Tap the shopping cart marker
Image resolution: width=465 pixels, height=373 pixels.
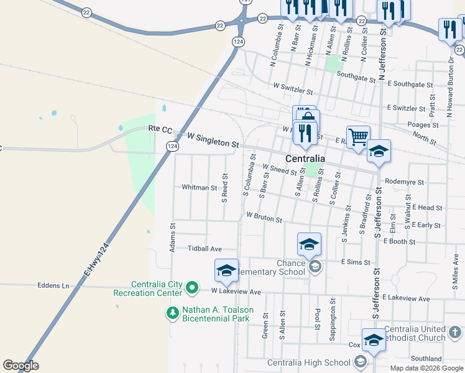coord(358,137)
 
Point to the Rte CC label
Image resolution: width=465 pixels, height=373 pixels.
coord(160,129)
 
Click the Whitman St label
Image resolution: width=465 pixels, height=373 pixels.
coord(199,187)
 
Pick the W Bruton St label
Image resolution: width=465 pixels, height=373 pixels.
coord(264,218)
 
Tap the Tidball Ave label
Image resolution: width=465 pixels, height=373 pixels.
coord(205,249)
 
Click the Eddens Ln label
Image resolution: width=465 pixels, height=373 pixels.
coord(57,286)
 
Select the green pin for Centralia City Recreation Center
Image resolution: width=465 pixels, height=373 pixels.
coord(192,288)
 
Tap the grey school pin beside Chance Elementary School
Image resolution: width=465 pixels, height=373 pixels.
coord(315,267)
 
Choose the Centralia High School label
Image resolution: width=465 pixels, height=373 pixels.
coord(309,362)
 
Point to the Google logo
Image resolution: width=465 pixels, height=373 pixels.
coord(21,366)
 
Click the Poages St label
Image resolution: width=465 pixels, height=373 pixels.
coord(423,125)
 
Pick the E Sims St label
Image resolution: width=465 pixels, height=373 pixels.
coord(355,262)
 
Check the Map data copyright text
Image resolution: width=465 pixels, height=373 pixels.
coord(426,368)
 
